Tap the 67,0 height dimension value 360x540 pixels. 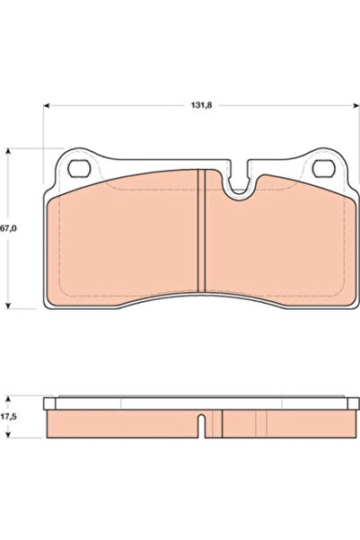click(x=10, y=230)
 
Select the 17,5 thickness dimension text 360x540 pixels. click(x=10, y=416)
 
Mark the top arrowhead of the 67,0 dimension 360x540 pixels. click(x=8, y=151)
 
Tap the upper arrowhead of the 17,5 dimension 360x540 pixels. click(x=8, y=398)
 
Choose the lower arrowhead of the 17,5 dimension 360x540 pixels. click(x=8, y=438)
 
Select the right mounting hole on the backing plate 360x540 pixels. click(x=323, y=168)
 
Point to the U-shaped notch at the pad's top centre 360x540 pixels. click(x=240, y=184)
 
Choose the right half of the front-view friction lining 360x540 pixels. click(x=278, y=238)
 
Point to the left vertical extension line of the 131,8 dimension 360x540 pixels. click(x=43, y=153)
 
